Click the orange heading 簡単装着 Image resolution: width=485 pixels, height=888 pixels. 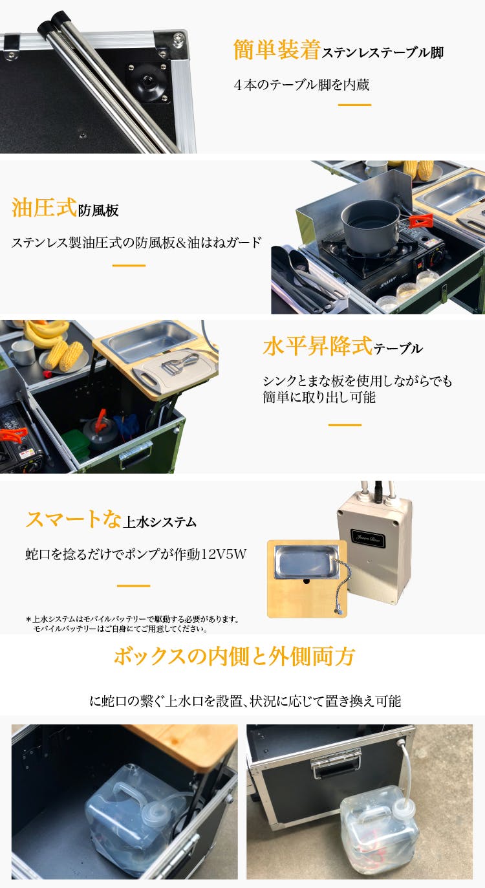277,50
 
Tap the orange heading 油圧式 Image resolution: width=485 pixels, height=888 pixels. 44,208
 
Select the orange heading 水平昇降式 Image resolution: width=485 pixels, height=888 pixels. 318,345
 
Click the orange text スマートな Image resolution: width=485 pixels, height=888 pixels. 73,519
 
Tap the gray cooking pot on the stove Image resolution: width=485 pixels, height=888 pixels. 371,225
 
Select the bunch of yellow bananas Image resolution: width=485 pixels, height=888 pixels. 45,333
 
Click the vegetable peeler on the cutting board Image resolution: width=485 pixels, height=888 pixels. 180,363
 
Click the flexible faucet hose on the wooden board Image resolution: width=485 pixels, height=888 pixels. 343,585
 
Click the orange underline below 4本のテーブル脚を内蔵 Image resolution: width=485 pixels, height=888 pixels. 354,105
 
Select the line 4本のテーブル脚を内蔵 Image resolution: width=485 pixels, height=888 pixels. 301,85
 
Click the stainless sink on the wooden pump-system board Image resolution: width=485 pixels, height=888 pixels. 306,561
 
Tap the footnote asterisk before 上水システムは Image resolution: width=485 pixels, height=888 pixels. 28,619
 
